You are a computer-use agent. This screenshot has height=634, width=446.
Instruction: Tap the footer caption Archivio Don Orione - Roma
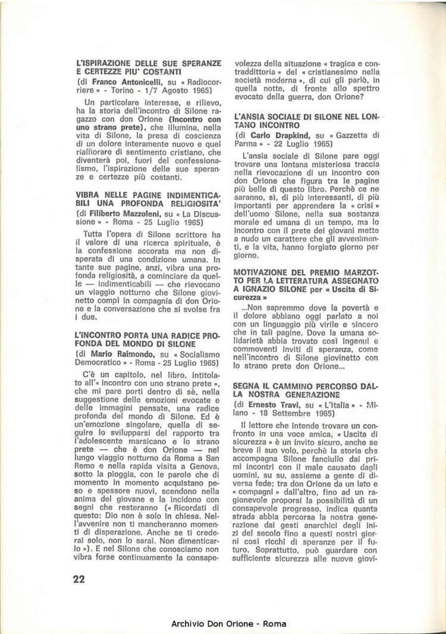point(228,624)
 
